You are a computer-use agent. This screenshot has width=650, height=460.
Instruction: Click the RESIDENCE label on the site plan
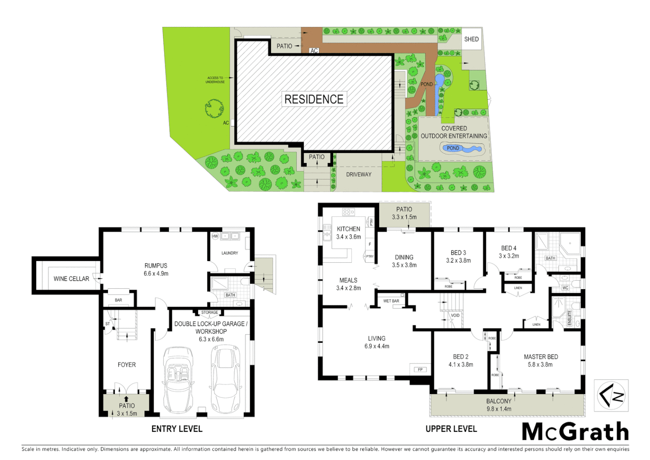coord(314,99)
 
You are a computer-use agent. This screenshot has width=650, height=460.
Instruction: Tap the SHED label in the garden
coord(471,39)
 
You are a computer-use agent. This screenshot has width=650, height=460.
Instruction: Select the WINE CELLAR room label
coord(71,279)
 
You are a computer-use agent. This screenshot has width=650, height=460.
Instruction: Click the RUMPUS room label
coord(156,265)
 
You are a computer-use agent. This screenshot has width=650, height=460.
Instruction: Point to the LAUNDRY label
coord(230,253)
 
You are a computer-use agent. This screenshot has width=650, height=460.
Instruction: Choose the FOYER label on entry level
coord(127,365)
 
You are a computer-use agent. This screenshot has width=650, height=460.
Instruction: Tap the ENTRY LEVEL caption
coord(177,429)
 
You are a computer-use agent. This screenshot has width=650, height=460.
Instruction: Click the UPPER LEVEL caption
coord(451,429)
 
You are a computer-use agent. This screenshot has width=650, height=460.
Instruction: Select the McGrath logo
coord(575,432)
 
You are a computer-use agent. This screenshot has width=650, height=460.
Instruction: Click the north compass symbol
coord(611,395)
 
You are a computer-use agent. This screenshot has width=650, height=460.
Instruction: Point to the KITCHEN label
coord(348,229)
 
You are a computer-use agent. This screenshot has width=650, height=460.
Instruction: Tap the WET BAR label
coord(391,301)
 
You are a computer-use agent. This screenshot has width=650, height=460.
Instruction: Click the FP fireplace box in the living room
coord(420,369)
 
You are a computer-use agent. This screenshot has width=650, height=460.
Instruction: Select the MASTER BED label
coord(541,356)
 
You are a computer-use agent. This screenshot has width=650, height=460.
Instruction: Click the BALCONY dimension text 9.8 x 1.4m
coord(499,409)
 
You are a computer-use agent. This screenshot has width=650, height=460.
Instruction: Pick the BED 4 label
coord(509,248)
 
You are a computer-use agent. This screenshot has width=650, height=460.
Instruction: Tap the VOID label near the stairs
coord(455,316)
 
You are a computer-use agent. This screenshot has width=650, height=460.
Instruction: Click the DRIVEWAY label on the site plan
coord(359,174)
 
